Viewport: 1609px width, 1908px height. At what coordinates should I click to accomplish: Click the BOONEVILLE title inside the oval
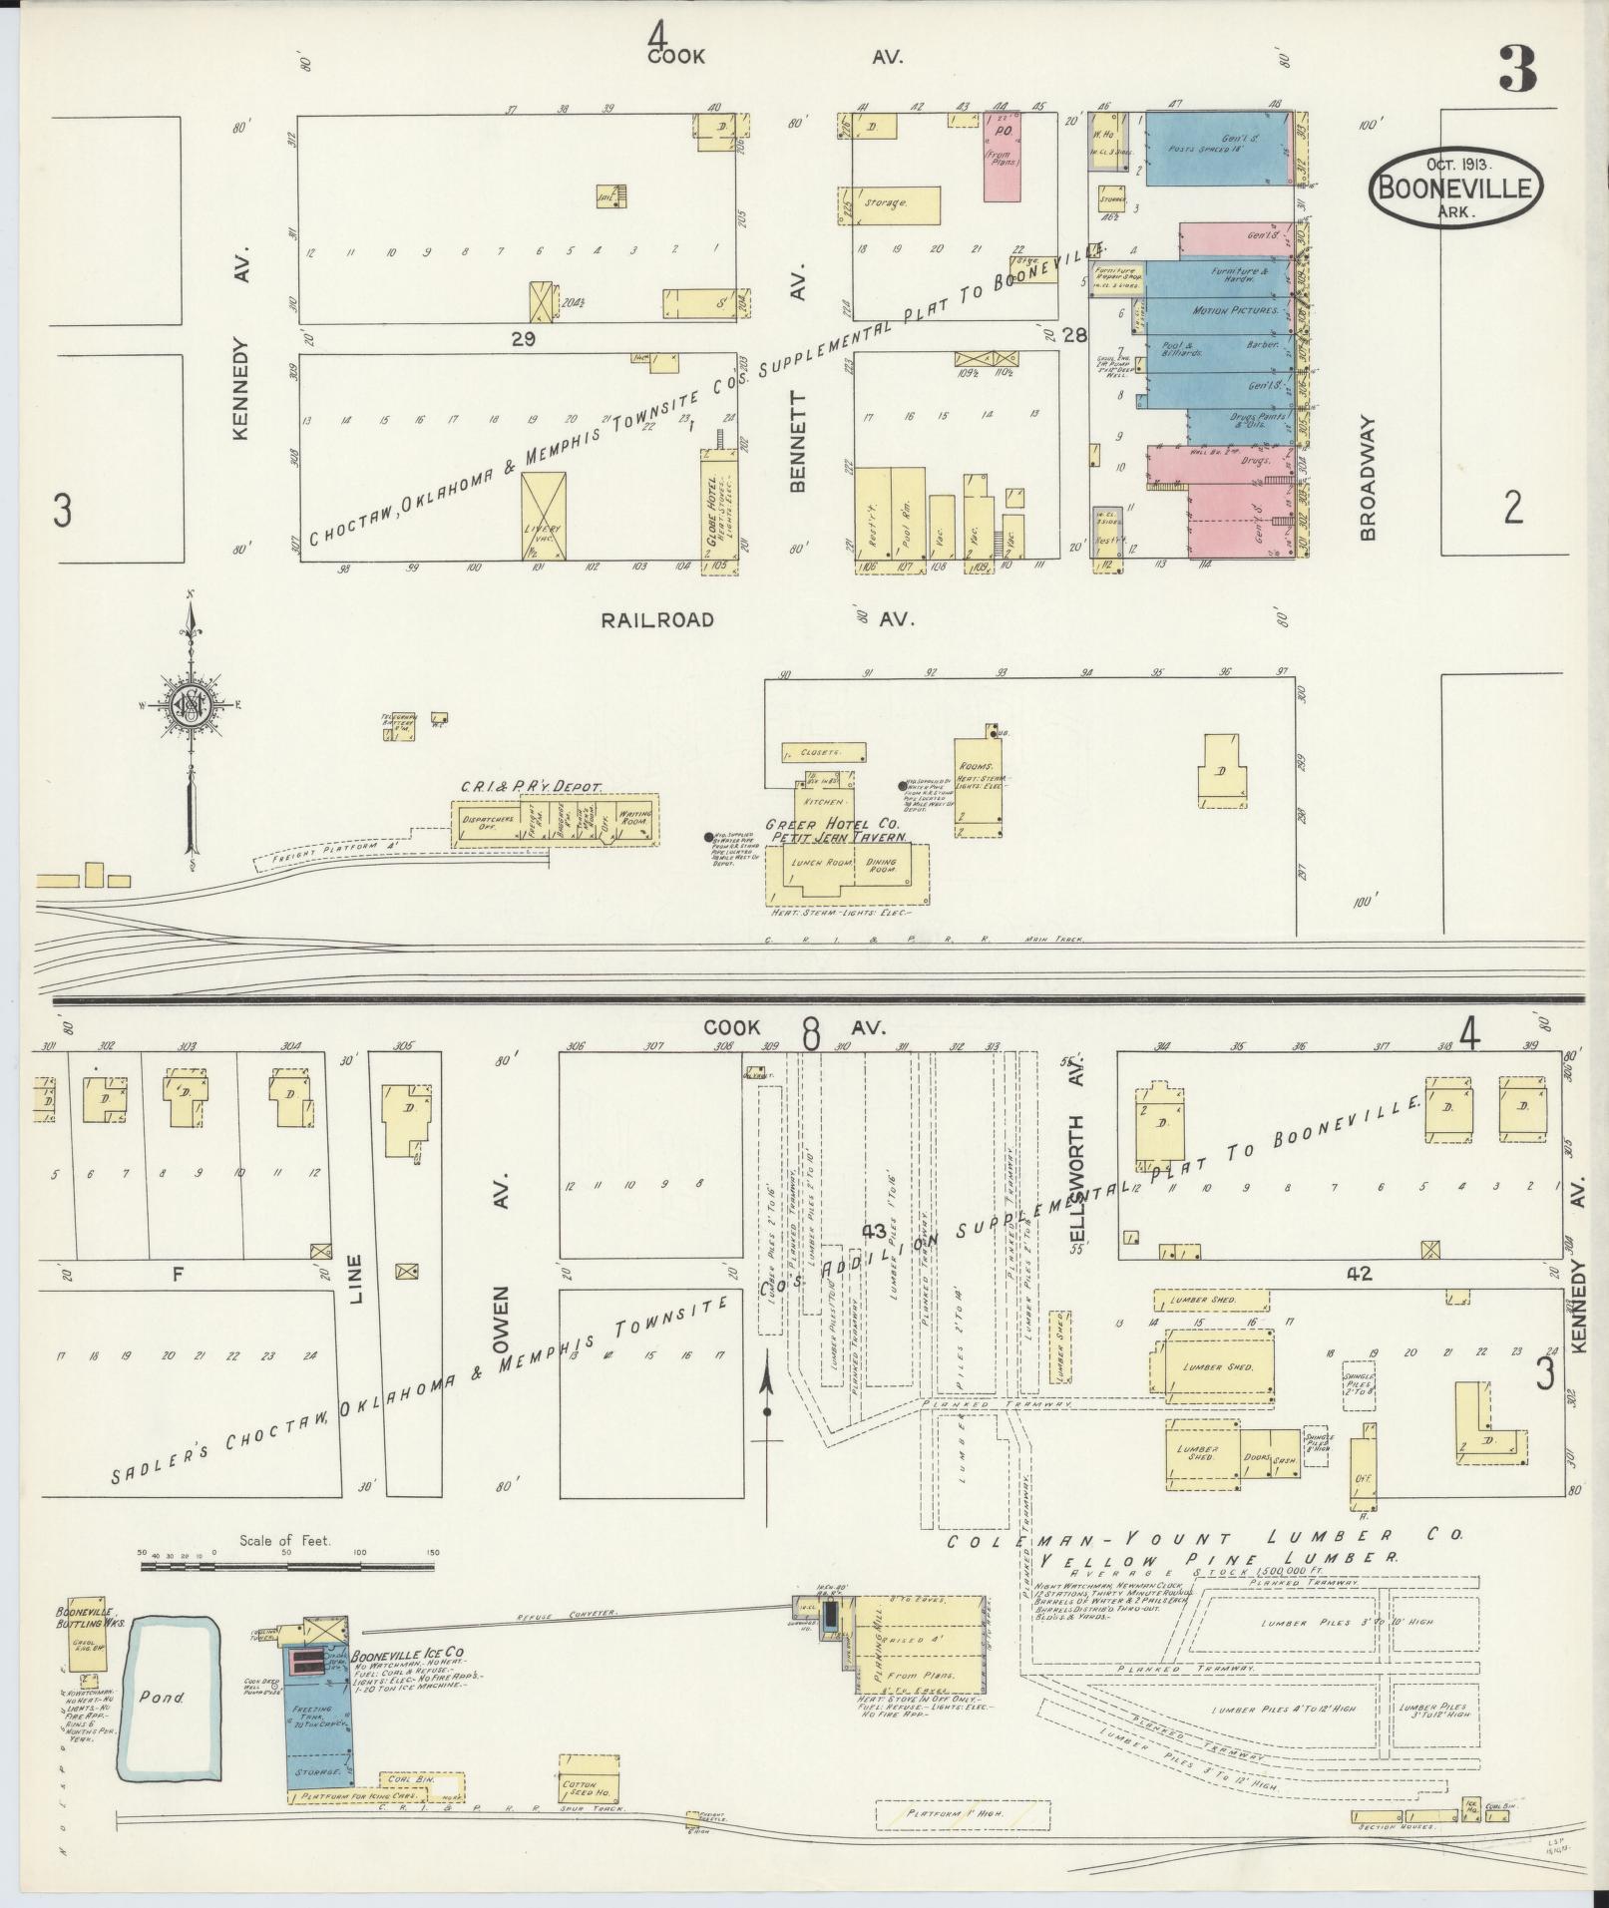(x=1455, y=187)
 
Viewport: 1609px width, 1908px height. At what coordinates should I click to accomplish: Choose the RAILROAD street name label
(x=657, y=619)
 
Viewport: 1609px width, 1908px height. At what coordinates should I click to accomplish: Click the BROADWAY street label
(x=1367, y=479)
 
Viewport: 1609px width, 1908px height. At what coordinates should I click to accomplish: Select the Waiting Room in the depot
(x=634, y=820)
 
